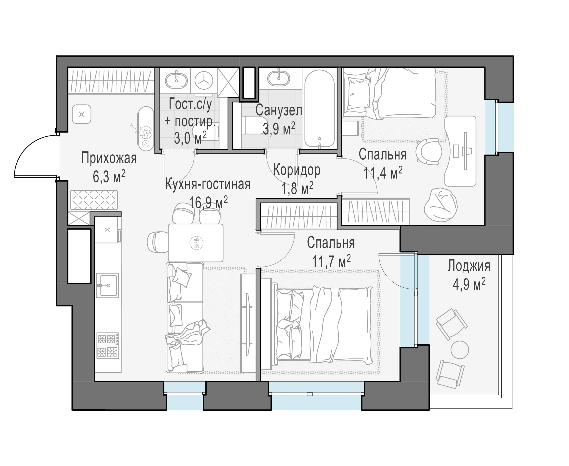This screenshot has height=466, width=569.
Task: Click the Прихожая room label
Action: pyautogui.click(x=109, y=158)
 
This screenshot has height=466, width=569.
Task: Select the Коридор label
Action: pyautogui.click(x=297, y=170)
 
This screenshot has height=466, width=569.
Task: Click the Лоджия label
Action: pyautogui.click(x=469, y=266)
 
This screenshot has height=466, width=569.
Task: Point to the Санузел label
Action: pyautogui.click(x=279, y=110)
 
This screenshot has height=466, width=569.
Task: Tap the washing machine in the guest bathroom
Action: pyautogui.click(x=204, y=80)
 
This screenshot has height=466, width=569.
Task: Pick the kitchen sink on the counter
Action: pyautogui.click(x=107, y=285)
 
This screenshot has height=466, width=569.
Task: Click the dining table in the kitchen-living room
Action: pyautogui.click(x=196, y=243)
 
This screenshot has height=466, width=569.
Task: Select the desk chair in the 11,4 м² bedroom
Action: pyautogui.click(x=429, y=152)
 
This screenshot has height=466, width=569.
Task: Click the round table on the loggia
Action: pyautogui.click(x=460, y=349)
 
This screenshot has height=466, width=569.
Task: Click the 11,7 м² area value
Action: pyautogui.click(x=331, y=261)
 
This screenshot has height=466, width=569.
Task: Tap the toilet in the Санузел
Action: pyautogui.click(x=253, y=125)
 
